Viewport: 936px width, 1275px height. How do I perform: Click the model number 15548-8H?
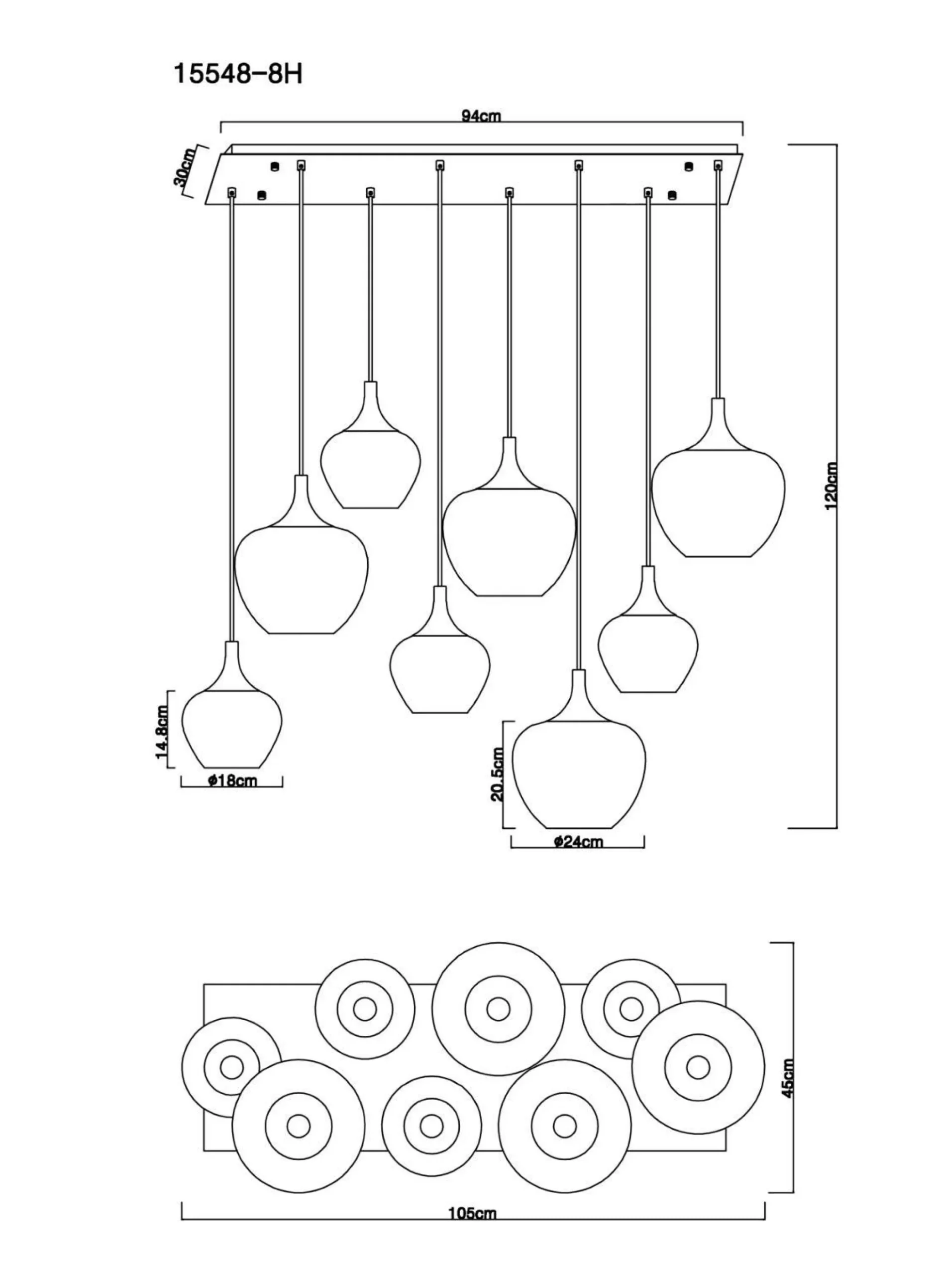[237, 74]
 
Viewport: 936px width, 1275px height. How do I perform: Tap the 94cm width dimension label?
[481, 116]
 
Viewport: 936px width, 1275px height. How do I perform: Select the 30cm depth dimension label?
[185, 167]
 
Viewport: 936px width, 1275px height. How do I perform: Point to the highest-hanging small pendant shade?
[370, 467]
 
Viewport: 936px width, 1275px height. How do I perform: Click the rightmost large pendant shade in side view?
[718, 501]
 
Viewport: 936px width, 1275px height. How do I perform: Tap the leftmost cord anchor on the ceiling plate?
[231, 193]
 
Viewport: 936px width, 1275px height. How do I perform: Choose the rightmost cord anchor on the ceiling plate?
[718, 165]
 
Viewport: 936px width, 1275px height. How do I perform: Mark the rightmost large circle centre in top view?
[698, 1067]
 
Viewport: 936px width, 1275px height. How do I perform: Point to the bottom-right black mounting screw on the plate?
[672, 196]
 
